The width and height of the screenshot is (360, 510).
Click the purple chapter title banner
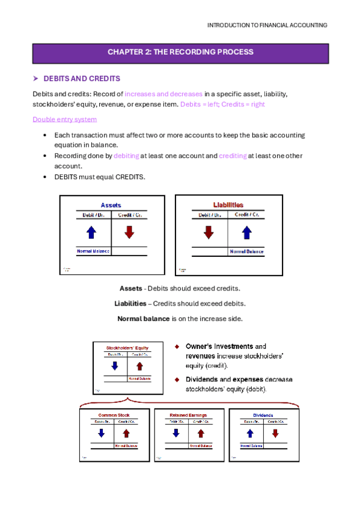pos(180,52)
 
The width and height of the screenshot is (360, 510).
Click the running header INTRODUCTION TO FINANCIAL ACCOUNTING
pos(267,25)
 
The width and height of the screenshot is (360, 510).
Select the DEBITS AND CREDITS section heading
pos(82,79)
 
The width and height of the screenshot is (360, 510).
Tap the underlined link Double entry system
pos(64,119)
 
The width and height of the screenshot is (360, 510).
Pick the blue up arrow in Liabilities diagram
pos(246,232)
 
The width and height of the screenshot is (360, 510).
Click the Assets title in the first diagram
pos(111,205)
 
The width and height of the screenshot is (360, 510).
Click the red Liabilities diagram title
pos(228,204)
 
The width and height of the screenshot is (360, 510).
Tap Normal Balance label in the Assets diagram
pos(93,251)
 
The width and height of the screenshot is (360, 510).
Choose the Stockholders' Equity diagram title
pos(127,348)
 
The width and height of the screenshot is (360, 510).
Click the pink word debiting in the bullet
pos(126,156)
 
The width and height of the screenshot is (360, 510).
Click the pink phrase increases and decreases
pos(163,94)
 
